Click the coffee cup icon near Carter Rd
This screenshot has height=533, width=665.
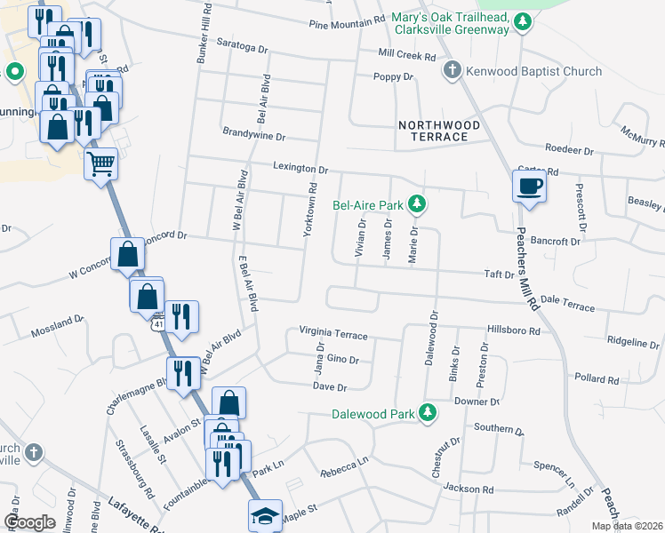(x=529, y=187)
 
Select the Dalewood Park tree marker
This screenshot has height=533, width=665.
(x=428, y=413)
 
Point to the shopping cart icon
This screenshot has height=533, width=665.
(x=100, y=163)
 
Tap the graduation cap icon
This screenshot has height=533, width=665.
(x=264, y=516)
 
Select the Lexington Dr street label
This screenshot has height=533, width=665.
(x=300, y=168)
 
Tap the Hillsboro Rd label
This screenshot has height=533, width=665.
(x=514, y=330)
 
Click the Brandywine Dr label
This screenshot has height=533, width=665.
(x=253, y=137)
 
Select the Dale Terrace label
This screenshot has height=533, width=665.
(x=566, y=306)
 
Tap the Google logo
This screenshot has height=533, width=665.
(x=29, y=522)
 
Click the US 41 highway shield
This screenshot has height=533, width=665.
(x=157, y=324)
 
